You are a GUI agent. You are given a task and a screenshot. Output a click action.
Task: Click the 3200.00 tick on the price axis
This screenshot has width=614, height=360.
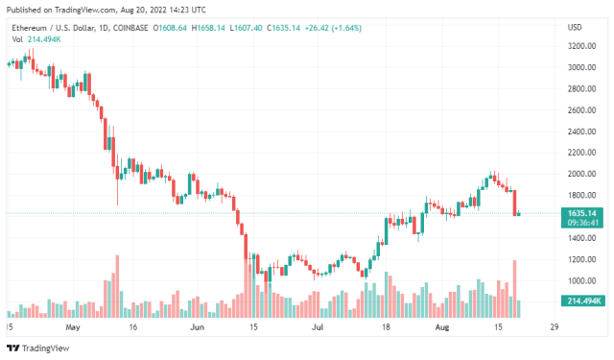tap(578, 46)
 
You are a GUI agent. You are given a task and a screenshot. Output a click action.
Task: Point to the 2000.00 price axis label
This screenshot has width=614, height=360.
tap(578, 174)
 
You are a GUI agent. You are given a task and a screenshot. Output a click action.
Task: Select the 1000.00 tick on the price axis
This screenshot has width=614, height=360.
tap(578, 280)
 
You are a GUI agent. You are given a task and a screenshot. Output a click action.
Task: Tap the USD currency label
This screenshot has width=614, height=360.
tap(576, 26)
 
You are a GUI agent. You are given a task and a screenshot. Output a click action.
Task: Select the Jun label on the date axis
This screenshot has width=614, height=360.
tap(199, 326)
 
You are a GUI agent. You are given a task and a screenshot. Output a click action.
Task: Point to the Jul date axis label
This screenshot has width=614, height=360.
tap(318, 326)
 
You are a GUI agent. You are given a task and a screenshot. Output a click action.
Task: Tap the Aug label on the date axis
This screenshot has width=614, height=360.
tap(442, 326)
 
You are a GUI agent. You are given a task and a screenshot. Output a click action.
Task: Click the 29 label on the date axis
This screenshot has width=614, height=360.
tap(554, 326)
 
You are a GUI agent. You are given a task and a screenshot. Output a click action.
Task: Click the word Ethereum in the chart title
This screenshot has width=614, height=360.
tap(30, 28)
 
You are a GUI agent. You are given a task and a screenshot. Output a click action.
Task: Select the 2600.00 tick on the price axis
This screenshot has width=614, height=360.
tap(578, 109)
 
